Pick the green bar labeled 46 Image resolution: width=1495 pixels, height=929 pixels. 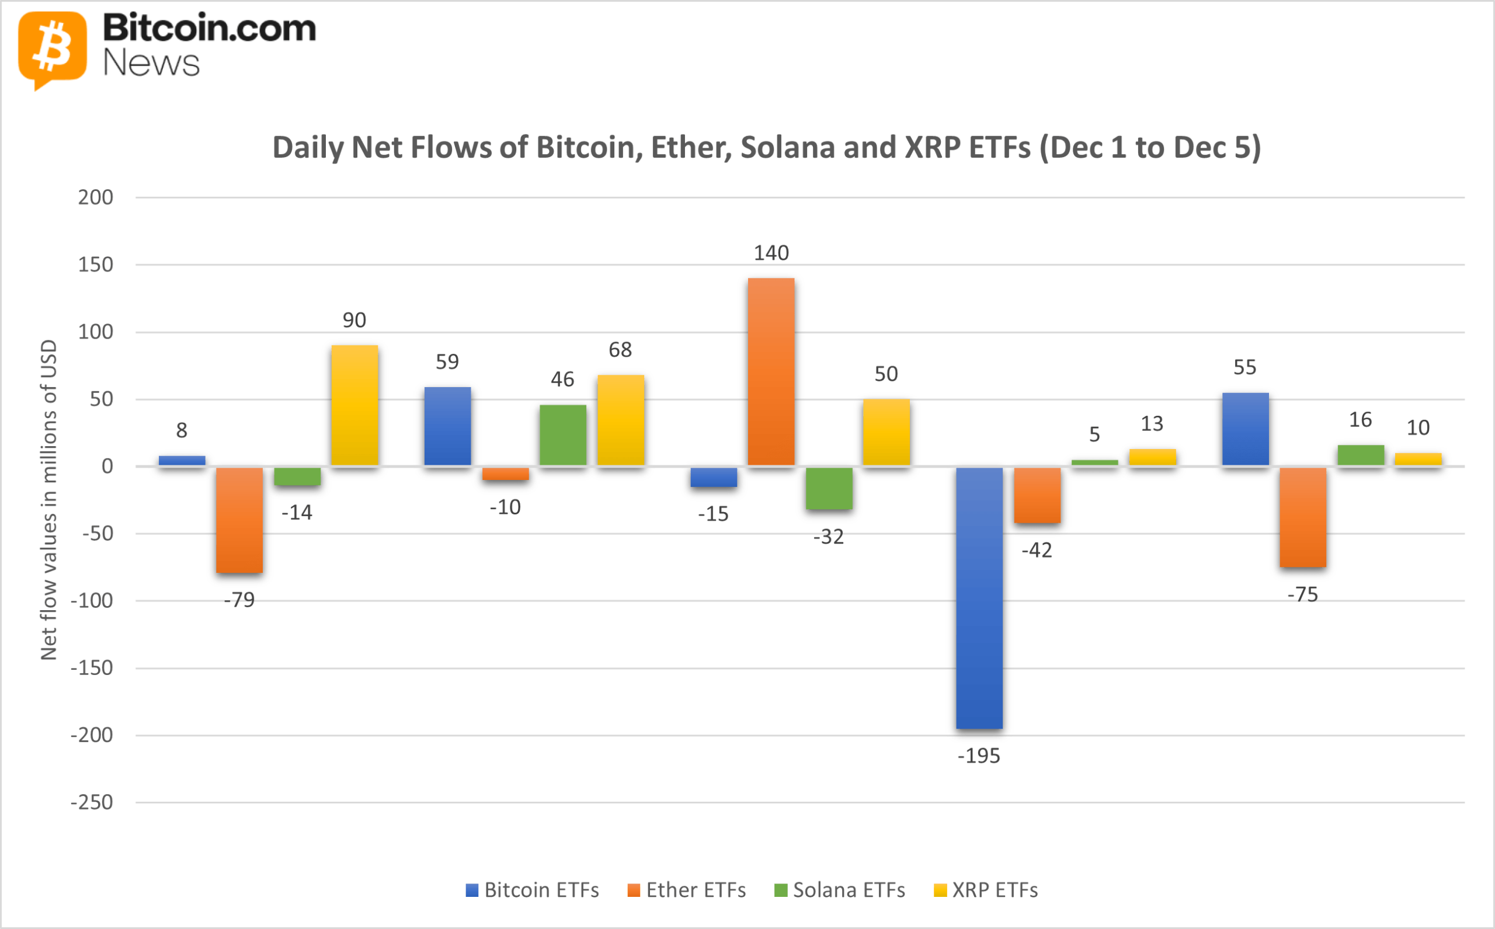pyautogui.click(x=563, y=435)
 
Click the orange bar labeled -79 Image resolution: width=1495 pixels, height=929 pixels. pyautogui.click(x=239, y=520)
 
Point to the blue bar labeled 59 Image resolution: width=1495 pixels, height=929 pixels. pyautogui.click(x=447, y=426)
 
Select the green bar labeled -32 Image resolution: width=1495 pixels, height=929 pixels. pyautogui.click(x=828, y=489)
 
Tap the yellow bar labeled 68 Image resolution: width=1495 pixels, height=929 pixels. pyautogui.click(x=621, y=420)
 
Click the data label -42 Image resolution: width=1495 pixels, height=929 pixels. pyautogui.click(x=1037, y=550)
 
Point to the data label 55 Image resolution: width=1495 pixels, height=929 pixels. pyautogui.click(x=1245, y=367)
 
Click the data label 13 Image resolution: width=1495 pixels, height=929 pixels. pyautogui.click(x=1152, y=423)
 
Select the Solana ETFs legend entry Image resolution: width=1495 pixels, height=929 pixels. pyautogui.click(x=839, y=890)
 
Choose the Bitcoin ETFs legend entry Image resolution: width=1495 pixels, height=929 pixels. pyautogui.click(x=532, y=890)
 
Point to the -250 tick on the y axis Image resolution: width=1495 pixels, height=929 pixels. pyautogui.click(x=92, y=802)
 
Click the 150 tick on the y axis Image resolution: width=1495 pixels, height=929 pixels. pyautogui.click(x=96, y=265)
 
